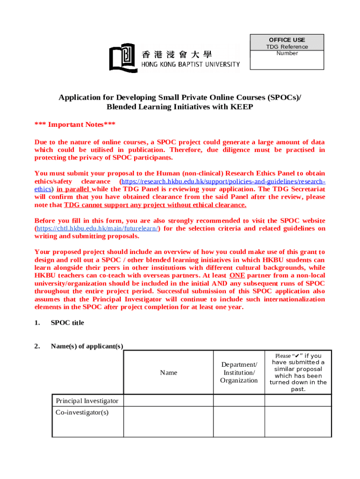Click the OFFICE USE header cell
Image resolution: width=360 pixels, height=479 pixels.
(287, 40)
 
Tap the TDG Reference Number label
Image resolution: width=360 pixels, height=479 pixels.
(287, 50)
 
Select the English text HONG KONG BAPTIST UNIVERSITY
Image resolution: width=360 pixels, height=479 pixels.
(190, 65)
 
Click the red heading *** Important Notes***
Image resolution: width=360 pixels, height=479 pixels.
(75, 124)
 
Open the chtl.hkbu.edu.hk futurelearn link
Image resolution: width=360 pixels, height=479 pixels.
(97, 229)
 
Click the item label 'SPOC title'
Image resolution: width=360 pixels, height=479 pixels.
(67, 323)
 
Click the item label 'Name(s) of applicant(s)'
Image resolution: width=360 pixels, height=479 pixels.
(87, 346)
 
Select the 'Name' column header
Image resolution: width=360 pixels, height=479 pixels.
(168, 372)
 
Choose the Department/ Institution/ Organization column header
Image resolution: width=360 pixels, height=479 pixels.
(239, 372)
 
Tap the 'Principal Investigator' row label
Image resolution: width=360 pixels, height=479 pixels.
(87, 401)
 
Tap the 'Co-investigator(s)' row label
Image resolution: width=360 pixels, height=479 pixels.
(82, 413)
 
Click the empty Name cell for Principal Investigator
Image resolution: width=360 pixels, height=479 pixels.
(168, 401)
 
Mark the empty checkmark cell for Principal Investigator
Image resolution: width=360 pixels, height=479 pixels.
(298, 401)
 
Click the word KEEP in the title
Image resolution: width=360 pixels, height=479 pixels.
(241, 107)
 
